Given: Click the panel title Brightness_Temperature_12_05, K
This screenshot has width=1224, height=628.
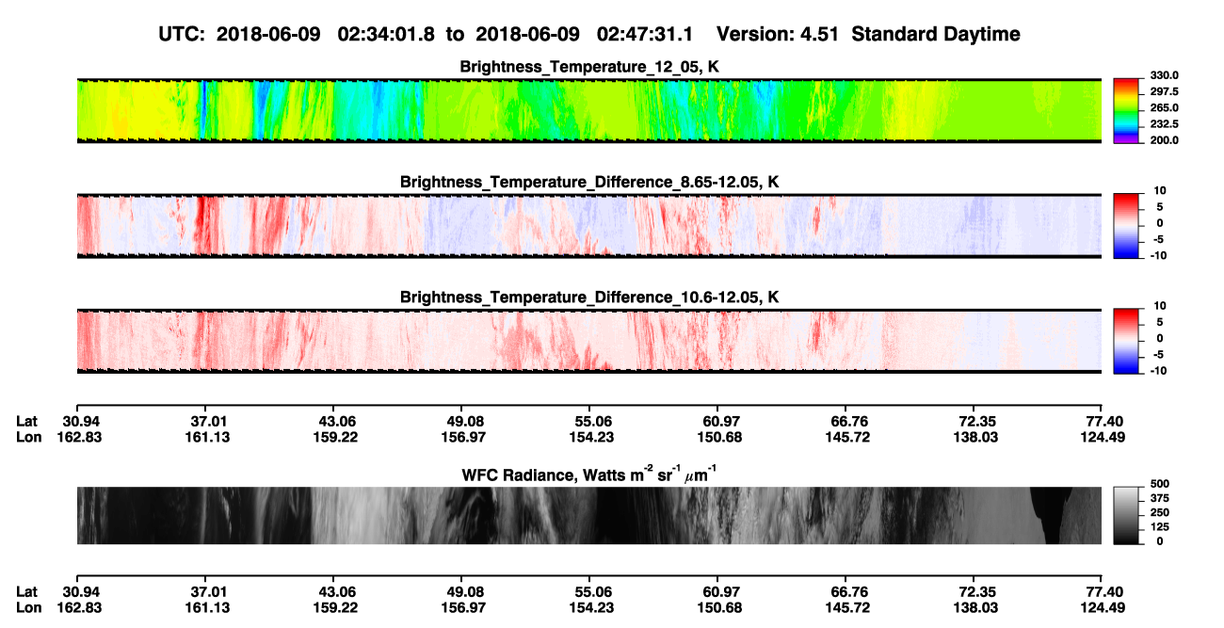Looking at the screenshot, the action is [x=589, y=67].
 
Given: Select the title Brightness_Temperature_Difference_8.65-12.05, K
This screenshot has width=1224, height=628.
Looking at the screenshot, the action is [x=589, y=182].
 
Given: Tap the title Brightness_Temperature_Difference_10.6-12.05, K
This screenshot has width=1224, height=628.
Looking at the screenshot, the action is [x=589, y=298].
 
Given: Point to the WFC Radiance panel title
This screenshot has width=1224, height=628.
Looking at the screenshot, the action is [x=589, y=475].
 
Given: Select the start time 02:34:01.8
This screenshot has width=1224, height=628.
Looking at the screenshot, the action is [x=386, y=34].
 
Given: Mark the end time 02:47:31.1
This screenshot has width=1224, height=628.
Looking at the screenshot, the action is [x=645, y=34].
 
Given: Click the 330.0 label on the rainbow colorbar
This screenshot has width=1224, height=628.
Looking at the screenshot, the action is [x=1164, y=75].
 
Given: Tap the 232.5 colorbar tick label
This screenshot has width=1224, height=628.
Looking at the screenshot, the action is [x=1164, y=124].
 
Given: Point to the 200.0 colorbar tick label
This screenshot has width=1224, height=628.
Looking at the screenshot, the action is [x=1164, y=140].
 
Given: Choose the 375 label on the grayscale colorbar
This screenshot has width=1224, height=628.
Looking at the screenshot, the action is [x=1160, y=498].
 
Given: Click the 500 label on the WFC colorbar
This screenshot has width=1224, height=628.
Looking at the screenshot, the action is [x=1160, y=484].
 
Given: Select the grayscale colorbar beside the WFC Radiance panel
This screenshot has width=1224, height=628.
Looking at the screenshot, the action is [x=1126, y=515].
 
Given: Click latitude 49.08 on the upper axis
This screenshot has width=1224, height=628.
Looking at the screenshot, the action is [x=465, y=422].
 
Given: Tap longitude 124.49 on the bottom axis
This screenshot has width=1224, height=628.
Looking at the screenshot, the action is [x=1103, y=608].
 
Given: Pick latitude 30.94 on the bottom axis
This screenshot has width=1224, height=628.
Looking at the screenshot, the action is [x=81, y=592].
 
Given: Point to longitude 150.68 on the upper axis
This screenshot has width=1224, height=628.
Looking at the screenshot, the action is [x=719, y=437].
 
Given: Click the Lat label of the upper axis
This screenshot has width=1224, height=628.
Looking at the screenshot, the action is [x=26, y=422].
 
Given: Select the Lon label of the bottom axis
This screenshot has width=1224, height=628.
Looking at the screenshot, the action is [x=28, y=608].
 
